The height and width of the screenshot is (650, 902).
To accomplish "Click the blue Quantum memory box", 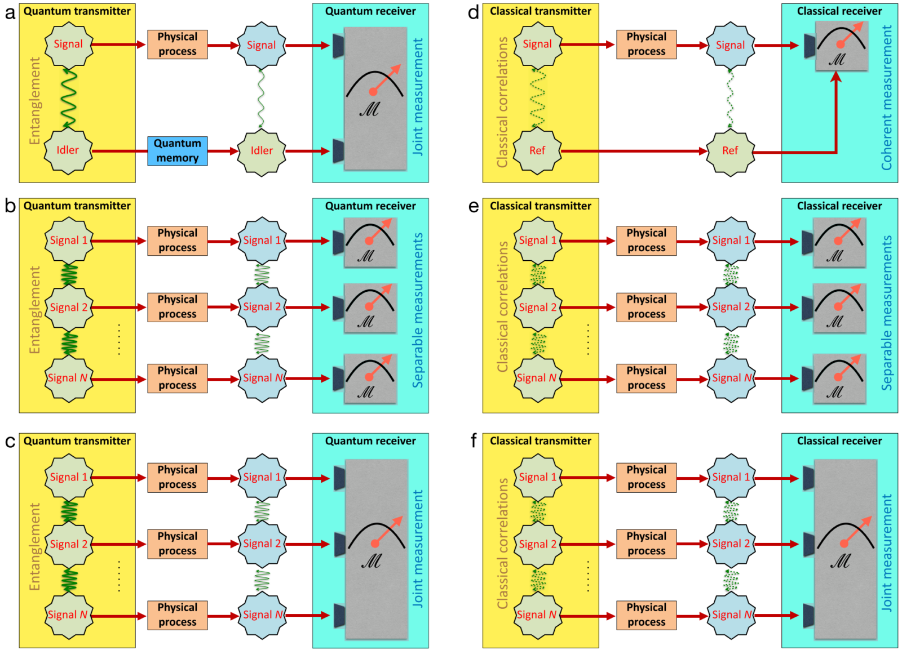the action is point(178,151).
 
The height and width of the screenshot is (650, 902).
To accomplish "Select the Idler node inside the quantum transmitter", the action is point(68,150).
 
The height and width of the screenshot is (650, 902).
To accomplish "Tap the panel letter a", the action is point(10,13).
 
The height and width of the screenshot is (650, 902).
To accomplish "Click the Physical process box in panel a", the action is point(178,44).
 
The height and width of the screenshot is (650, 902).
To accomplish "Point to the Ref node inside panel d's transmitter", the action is point(537,150).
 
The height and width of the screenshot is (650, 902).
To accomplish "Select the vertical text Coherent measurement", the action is point(887,97).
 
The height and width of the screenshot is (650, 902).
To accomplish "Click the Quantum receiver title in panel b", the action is point(370,206).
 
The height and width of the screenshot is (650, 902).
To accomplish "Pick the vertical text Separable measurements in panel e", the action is point(887,313).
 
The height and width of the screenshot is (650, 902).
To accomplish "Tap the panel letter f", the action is point(474,441).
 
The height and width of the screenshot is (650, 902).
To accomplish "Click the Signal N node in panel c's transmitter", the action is point(69,615).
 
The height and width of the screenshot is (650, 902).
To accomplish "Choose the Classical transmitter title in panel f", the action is point(541,441).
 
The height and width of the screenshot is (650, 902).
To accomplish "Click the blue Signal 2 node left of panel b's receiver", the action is point(262,307).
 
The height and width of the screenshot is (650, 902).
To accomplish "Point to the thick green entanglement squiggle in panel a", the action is point(69,98).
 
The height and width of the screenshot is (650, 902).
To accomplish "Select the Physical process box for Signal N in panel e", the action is point(646,378).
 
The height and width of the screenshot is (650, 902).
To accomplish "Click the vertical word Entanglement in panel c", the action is point(35,546).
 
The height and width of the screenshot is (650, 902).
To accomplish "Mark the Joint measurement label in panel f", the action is point(887,553).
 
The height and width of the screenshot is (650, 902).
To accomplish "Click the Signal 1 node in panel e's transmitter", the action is point(538,241).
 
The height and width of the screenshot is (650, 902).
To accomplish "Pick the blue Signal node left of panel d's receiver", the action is point(730,46).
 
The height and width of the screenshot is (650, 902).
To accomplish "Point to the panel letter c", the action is point(10,442).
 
